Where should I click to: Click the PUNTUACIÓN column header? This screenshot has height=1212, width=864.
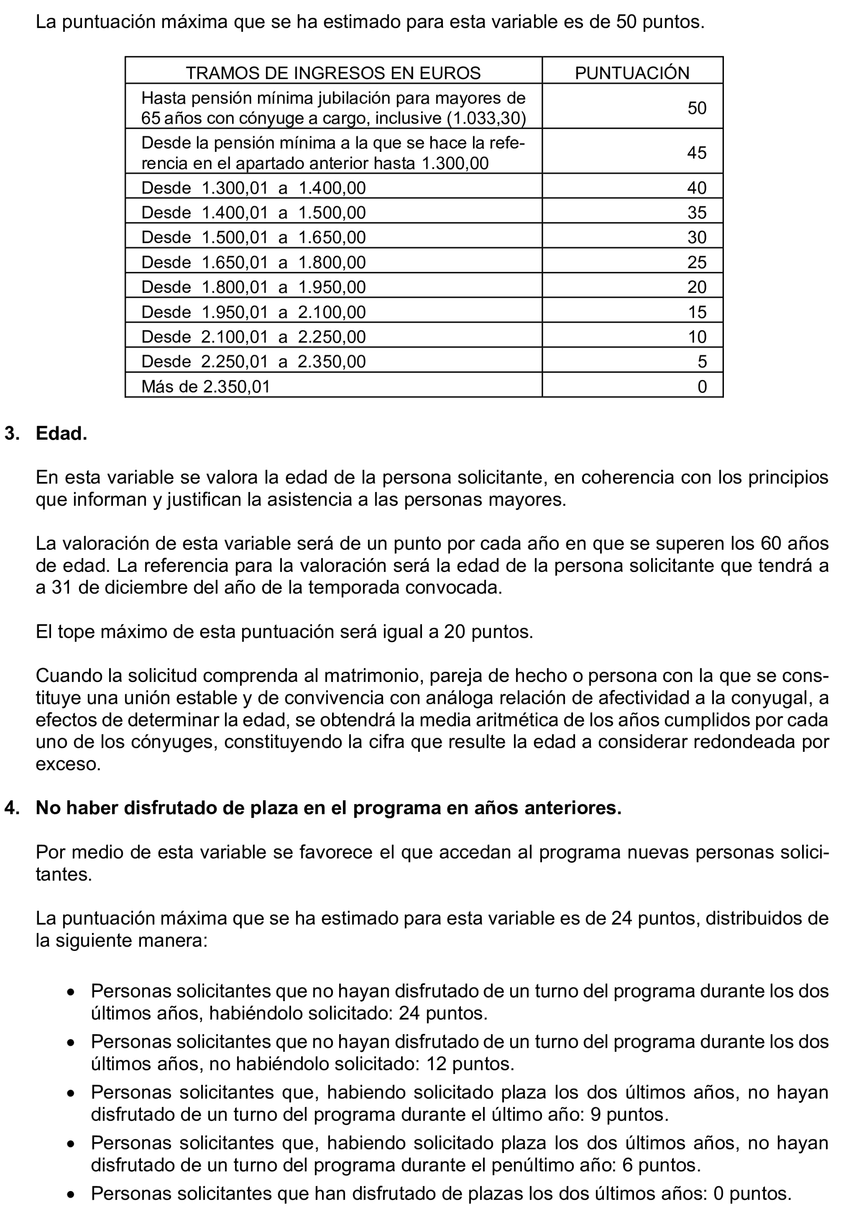coord(631,72)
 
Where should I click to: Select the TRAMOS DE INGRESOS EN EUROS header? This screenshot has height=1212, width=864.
coord(333,72)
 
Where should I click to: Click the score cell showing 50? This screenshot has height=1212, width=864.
coord(696,108)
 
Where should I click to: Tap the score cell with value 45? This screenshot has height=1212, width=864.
coord(696,153)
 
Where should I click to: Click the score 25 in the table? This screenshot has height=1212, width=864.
coord(696,262)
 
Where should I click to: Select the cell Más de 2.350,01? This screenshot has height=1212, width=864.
coord(206,386)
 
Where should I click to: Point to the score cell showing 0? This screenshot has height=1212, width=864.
coord(702,386)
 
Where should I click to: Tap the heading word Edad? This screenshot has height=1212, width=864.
coord(61,433)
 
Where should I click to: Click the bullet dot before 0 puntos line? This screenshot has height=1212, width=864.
coord(70,1195)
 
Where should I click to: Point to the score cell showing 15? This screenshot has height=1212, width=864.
coord(696,312)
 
